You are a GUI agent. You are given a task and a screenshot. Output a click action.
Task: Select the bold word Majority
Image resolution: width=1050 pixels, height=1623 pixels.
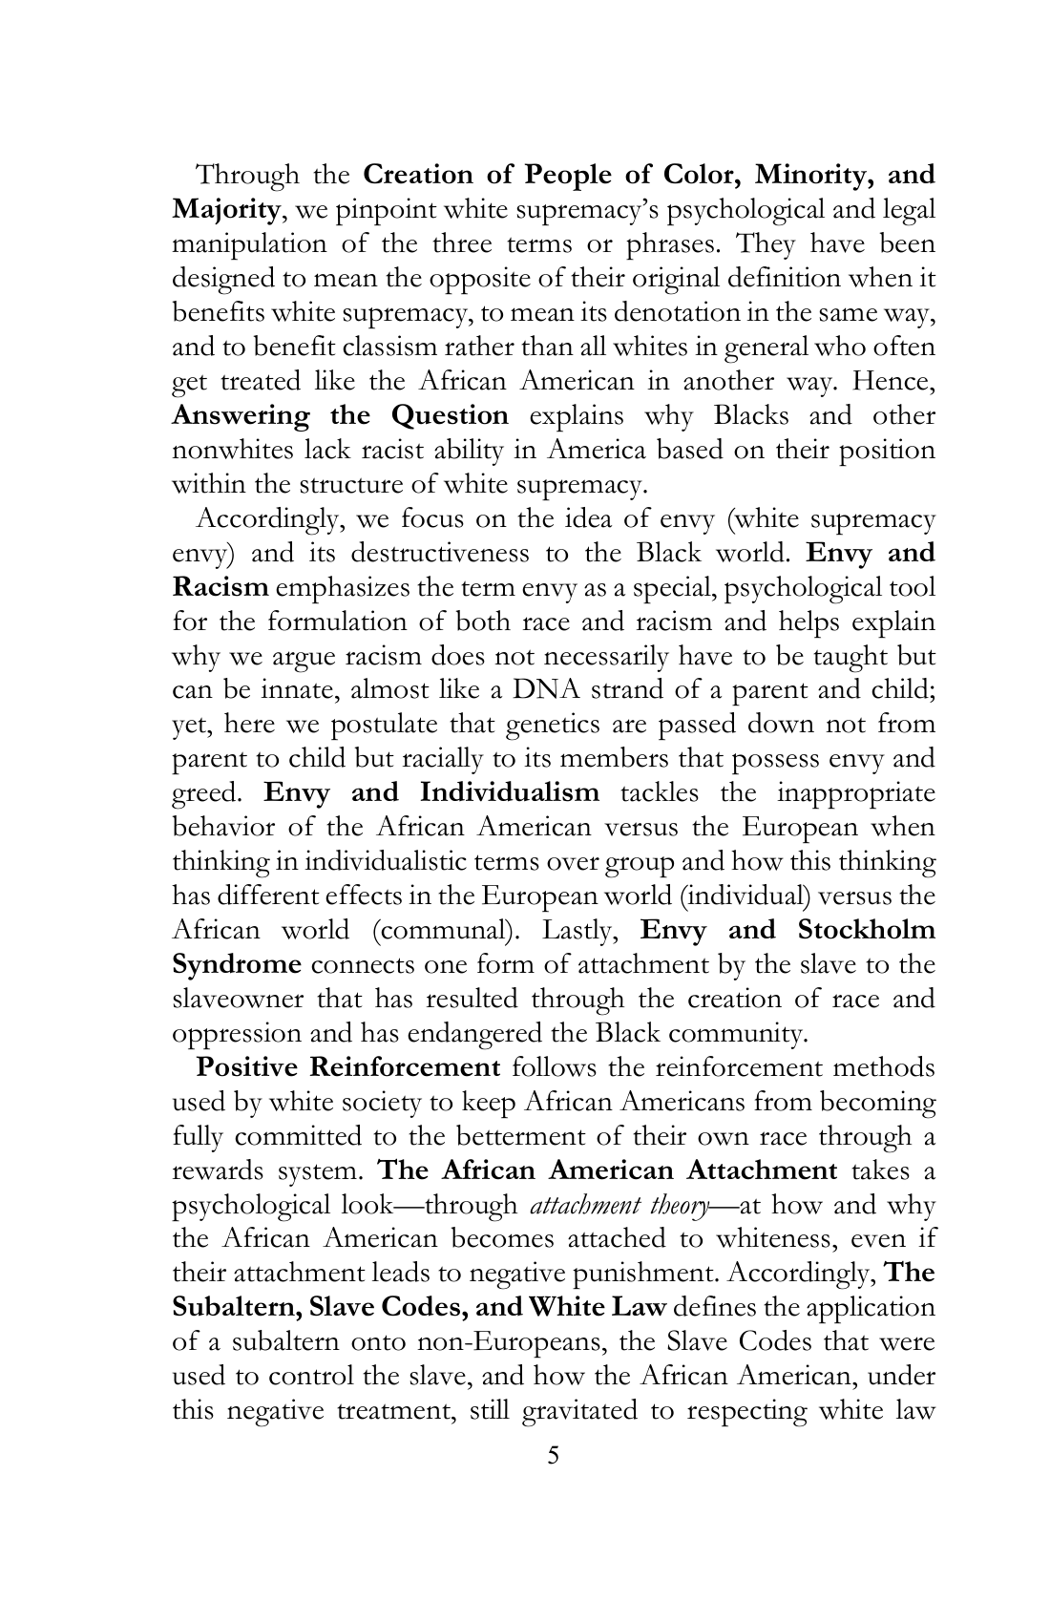pos(226,210)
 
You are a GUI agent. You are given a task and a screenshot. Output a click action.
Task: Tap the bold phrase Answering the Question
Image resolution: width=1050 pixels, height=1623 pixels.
pos(340,416)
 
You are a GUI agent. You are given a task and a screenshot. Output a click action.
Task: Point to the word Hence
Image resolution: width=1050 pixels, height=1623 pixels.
pos(892,382)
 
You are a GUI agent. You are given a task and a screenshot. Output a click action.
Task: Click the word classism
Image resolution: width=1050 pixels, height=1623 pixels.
pos(394,348)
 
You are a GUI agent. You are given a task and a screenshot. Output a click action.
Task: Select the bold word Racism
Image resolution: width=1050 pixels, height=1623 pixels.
pos(220,588)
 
